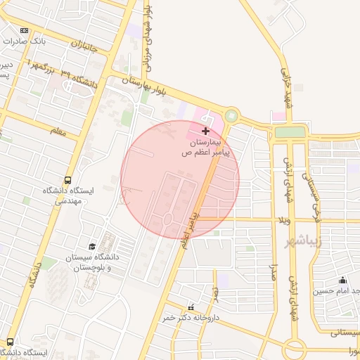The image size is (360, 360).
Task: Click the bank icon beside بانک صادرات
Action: click(x=25, y=30)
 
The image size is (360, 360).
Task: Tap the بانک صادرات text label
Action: click(x=25, y=41)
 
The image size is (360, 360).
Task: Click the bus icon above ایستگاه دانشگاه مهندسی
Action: click(x=68, y=180)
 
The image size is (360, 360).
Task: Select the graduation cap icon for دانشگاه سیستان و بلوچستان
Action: click(x=92, y=246)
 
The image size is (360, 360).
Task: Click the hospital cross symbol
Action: click(x=205, y=131)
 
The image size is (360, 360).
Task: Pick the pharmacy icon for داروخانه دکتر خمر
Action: click(x=191, y=307)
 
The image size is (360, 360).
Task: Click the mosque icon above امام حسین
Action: click(x=342, y=280)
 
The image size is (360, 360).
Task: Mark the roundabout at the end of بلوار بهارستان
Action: click(x=231, y=115)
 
